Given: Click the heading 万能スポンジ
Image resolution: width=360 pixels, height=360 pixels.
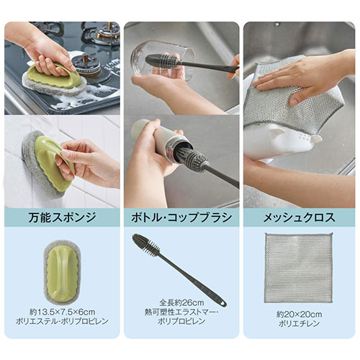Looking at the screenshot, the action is pyautogui.click(x=62, y=217).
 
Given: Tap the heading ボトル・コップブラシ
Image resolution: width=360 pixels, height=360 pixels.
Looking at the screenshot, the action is pyautogui.click(x=181, y=217).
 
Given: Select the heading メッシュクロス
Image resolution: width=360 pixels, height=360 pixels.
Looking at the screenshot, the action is pyautogui.click(x=299, y=217).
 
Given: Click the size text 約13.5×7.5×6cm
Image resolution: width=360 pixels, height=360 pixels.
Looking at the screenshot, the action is pyautogui.click(x=62, y=312).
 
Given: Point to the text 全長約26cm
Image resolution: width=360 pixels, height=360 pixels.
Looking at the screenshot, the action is pyautogui.click(x=181, y=302).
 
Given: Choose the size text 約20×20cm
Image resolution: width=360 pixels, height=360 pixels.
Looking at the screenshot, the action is pyautogui.click(x=299, y=314).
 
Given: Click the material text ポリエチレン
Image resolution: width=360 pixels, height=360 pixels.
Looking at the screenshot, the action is pyautogui.click(x=299, y=323).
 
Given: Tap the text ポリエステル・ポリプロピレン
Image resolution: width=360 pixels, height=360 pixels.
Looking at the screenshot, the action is pyautogui.click(x=62, y=322).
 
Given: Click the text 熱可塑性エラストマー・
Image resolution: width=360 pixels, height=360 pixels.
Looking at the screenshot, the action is pyautogui.click(x=181, y=312).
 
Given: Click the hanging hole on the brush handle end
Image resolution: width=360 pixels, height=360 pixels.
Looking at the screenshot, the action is pyautogui.click(x=224, y=303).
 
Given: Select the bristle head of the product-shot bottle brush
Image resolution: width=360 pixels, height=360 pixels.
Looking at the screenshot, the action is pyautogui.click(x=145, y=245).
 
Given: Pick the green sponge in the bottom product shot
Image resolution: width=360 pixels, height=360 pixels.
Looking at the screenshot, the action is pyautogui.click(x=62, y=270).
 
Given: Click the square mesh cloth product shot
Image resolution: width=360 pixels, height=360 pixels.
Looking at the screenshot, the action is pyautogui.click(x=299, y=268).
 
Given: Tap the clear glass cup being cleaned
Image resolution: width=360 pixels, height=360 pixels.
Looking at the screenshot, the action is pyautogui.click(x=163, y=60).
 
